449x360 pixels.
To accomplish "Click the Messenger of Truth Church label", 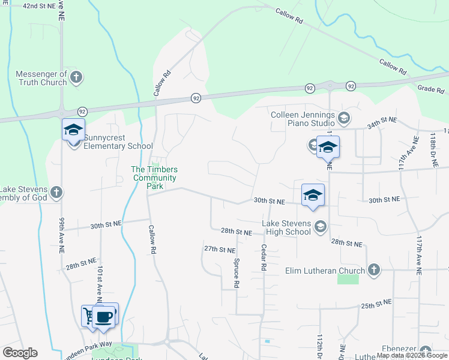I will (x=41, y=78).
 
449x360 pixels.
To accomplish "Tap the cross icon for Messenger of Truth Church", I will (x=76, y=77).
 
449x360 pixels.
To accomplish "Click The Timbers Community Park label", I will (x=154, y=178).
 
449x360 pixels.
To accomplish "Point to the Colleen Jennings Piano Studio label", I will (x=302, y=118).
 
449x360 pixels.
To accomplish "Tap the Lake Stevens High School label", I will (x=286, y=227).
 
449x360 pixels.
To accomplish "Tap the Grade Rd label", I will (x=430, y=90).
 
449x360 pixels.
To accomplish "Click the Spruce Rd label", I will (x=237, y=275).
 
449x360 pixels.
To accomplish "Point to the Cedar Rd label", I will (x=263, y=259).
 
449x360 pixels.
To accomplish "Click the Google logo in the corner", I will (x=20, y=353).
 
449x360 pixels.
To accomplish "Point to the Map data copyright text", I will (x=411, y=355).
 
